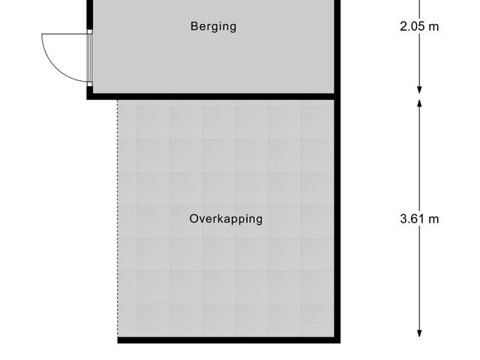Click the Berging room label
[x=213, y=26]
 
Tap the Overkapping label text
[x=226, y=219]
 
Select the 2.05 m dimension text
[x=419, y=26]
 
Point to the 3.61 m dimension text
[x=419, y=219]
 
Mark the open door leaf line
[x=65, y=34]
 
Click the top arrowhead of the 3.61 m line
[x=419, y=101]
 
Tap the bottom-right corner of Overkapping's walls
[x=337, y=340]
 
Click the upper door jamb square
[x=89, y=32]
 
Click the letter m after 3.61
[x=433, y=219]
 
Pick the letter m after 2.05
[x=433, y=26]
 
